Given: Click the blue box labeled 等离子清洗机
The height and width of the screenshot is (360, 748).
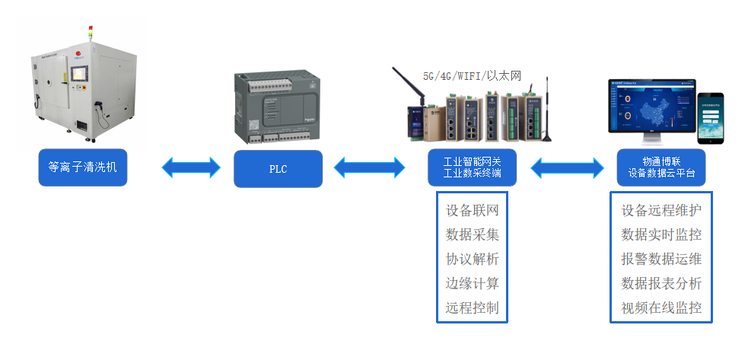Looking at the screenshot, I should (x=83, y=167).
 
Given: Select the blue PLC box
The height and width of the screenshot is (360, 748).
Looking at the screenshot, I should (x=278, y=168).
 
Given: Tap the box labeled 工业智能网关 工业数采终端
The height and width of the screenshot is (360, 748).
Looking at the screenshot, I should (x=472, y=167).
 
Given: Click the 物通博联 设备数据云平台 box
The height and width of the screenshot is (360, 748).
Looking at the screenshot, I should (x=661, y=167).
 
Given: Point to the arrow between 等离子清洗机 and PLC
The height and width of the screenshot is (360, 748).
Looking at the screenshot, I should (x=190, y=167).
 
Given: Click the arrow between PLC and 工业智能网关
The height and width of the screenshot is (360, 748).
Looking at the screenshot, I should (x=370, y=167).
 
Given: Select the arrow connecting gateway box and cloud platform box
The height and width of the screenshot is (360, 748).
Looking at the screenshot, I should (x=567, y=167).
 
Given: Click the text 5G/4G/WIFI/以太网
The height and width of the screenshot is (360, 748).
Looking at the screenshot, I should (x=472, y=75).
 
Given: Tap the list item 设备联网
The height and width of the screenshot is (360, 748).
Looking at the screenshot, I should (x=473, y=210).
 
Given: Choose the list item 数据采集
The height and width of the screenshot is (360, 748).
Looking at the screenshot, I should (x=473, y=234).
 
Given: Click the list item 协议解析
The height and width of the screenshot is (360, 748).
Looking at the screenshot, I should (x=473, y=259).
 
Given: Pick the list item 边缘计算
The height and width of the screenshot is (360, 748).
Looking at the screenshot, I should (x=473, y=283).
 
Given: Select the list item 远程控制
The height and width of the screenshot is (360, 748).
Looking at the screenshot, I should (x=473, y=307).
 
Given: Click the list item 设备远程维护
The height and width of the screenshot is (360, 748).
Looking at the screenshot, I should (x=661, y=210).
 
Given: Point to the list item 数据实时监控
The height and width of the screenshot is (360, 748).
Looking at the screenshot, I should (x=661, y=234).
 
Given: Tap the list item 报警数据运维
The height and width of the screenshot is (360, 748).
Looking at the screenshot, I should (x=661, y=259).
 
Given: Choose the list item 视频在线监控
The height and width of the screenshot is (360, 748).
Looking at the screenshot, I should (x=661, y=307).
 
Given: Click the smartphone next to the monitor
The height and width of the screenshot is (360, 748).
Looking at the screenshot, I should (x=711, y=117).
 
